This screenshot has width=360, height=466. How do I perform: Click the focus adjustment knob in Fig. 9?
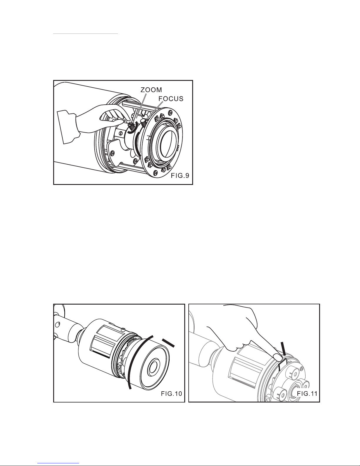click(144, 123)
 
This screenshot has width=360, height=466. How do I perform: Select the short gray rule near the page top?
click(85, 34)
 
